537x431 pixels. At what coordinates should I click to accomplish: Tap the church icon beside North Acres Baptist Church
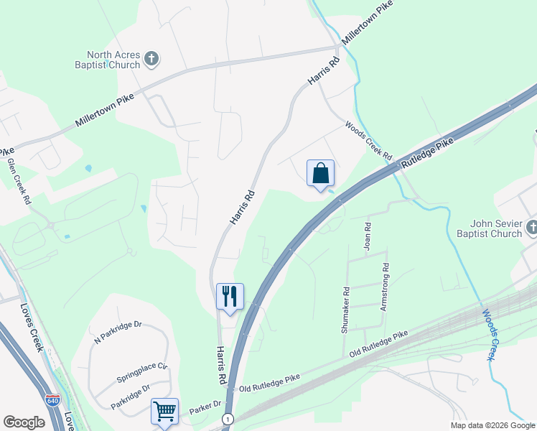tap(151, 59)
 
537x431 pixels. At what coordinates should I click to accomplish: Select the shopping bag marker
tap(320, 173)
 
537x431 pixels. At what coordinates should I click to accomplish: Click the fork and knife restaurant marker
tap(230, 296)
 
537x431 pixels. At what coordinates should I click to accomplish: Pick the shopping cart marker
tap(165, 412)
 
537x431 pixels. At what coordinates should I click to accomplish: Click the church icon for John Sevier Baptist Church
tap(532, 228)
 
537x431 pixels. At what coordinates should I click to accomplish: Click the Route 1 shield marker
tap(228, 419)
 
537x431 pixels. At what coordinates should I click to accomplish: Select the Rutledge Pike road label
tap(428, 153)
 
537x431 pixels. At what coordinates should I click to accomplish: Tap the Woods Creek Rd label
tap(368, 141)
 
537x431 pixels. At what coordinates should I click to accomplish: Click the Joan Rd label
tap(368, 236)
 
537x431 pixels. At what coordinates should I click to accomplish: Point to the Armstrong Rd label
tap(386, 277)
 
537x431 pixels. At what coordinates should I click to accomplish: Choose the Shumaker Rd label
tap(346, 310)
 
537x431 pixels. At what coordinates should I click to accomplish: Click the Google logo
tap(24, 422)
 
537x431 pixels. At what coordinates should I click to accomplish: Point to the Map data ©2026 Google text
tap(492, 425)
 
